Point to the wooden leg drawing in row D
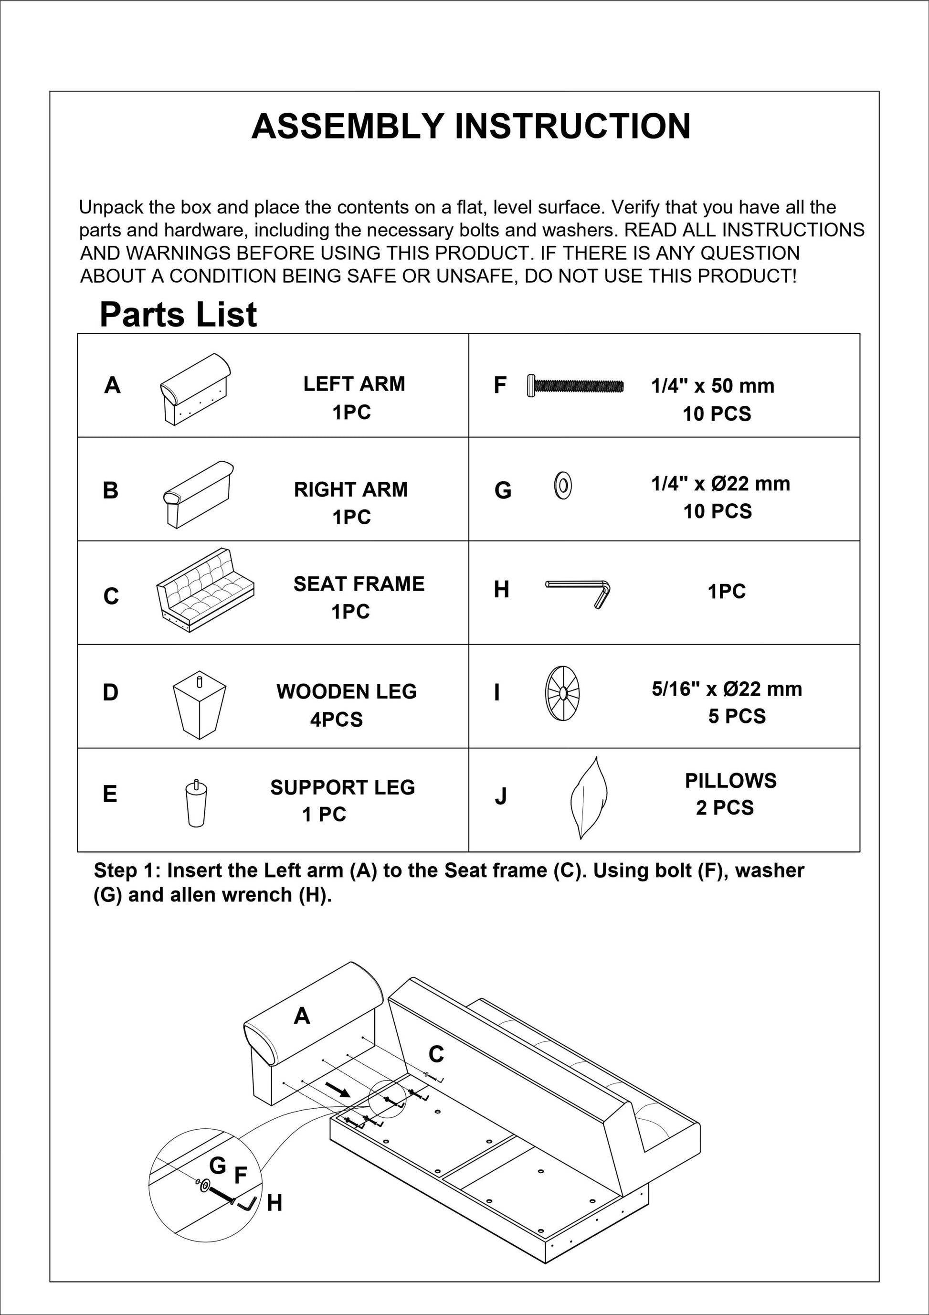click(200, 704)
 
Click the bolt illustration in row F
click(576, 385)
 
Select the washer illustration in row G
click(562, 485)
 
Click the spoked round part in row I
click(562, 693)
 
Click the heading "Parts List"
click(178, 315)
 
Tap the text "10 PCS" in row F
click(717, 414)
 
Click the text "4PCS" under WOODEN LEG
click(336, 720)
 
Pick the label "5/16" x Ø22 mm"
click(727, 689)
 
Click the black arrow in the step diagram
click(338, 1089)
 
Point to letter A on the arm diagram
click(302, 1016)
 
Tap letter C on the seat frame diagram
click(436, 1054)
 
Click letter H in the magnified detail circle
click(274, 1203)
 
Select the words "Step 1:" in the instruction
click(127, 870)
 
